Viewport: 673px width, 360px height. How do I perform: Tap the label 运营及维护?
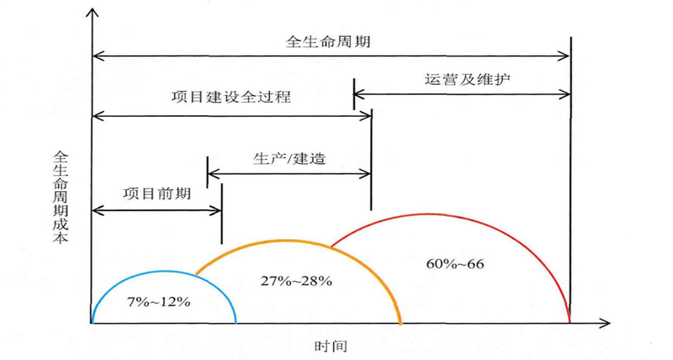(462, 80)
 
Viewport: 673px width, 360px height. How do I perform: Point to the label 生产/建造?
(289, 157)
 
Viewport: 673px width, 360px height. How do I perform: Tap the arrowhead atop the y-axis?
(91, 12)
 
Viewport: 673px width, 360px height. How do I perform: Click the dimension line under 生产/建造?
(289, 174)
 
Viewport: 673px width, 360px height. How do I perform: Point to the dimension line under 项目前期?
(156, 209)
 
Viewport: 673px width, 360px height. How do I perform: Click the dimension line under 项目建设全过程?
(231, 114)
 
